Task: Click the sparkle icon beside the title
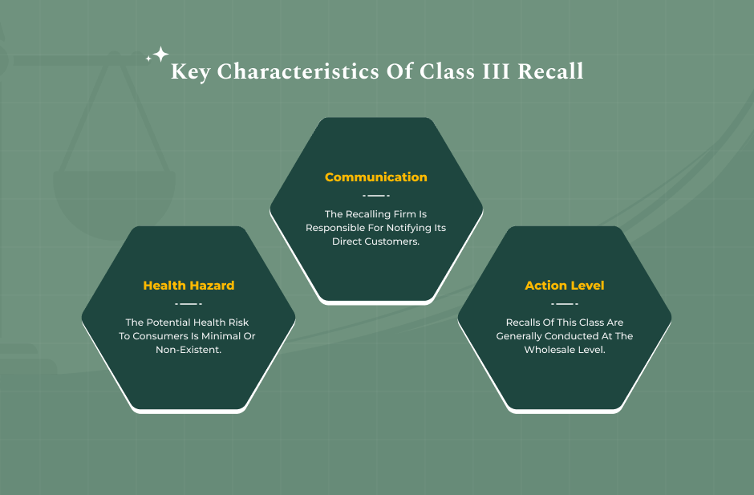pyautogui.click(x=158, y=55)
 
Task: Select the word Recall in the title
pyautogui.click(x=550, y=71)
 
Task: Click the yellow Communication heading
pyautogui.click(x=376, y=177)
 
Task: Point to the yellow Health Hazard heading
pyautogui.click(x=188, y=286)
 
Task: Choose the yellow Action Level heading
pyautogui.click(x=565, y=286)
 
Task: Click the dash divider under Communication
pyautogui.click(x=376, y=195)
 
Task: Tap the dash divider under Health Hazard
pyautogui.click(x=188, y=304)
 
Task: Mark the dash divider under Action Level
pyautogui.click(x=565, y=304)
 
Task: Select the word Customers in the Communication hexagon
pyautogui.click(x=394, y=241)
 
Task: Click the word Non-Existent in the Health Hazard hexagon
pyautogui.click(x=188, y=351)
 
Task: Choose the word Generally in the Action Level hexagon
pyautogui.click(x=521, y=336)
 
